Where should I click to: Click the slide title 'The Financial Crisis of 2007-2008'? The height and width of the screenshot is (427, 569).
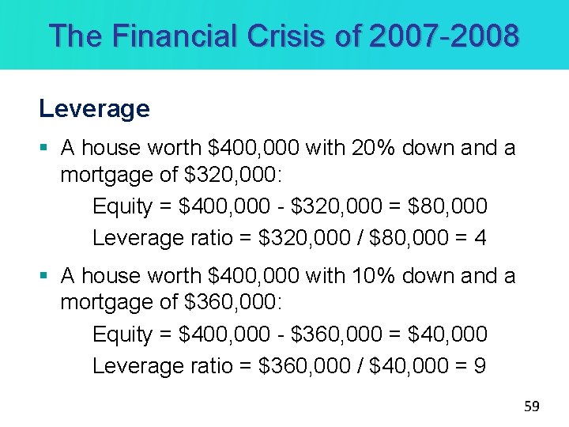coord(284,36)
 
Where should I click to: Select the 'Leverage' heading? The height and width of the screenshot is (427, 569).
coord(94,108)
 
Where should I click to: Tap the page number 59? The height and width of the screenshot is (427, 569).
coord(532,406)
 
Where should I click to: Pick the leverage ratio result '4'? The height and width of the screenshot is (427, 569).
coord(480,238)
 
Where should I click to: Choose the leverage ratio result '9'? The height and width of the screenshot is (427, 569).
coord(480,366)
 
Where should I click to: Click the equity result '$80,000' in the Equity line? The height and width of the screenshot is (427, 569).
coord(448,206)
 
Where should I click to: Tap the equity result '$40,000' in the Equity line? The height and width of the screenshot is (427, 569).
coord(448,334)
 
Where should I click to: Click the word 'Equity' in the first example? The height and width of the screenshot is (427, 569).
coord(122,206)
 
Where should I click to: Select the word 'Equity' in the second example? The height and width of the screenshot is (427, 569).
coord(122,334)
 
